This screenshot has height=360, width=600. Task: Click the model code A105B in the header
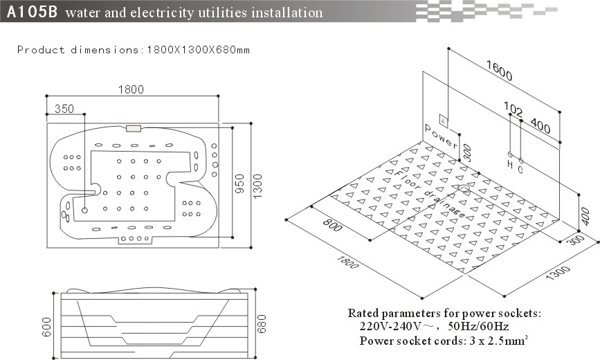[x=32, y=12]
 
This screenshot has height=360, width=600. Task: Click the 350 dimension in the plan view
[x=64, y=109]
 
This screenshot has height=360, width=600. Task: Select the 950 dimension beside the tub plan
[x=239, y=183]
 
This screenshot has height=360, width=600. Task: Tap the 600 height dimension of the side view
[x=46, y=327]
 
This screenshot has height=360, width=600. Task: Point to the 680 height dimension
[x=262, y=324]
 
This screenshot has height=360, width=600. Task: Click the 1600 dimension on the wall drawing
[x=499, y=71]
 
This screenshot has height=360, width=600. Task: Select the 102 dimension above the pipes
[x=513, y=109]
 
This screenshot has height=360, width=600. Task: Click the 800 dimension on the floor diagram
[x=332, y=225]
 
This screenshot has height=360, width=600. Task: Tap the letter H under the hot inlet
[x=510, y=164]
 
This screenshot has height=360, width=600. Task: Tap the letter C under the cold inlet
[x=520, y=169]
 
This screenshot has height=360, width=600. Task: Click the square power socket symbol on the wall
[x=444, y=121]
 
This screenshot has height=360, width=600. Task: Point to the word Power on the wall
[x=442, y=136]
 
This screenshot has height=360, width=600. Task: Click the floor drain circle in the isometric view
[x=464, y=188]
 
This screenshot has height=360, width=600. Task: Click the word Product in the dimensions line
[x=41, y=50]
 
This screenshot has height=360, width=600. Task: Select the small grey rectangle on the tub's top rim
[x=134, y=129]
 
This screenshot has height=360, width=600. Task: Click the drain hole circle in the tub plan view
[x=84, y=210]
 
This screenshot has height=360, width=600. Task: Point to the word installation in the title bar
[x=287, y=12]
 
